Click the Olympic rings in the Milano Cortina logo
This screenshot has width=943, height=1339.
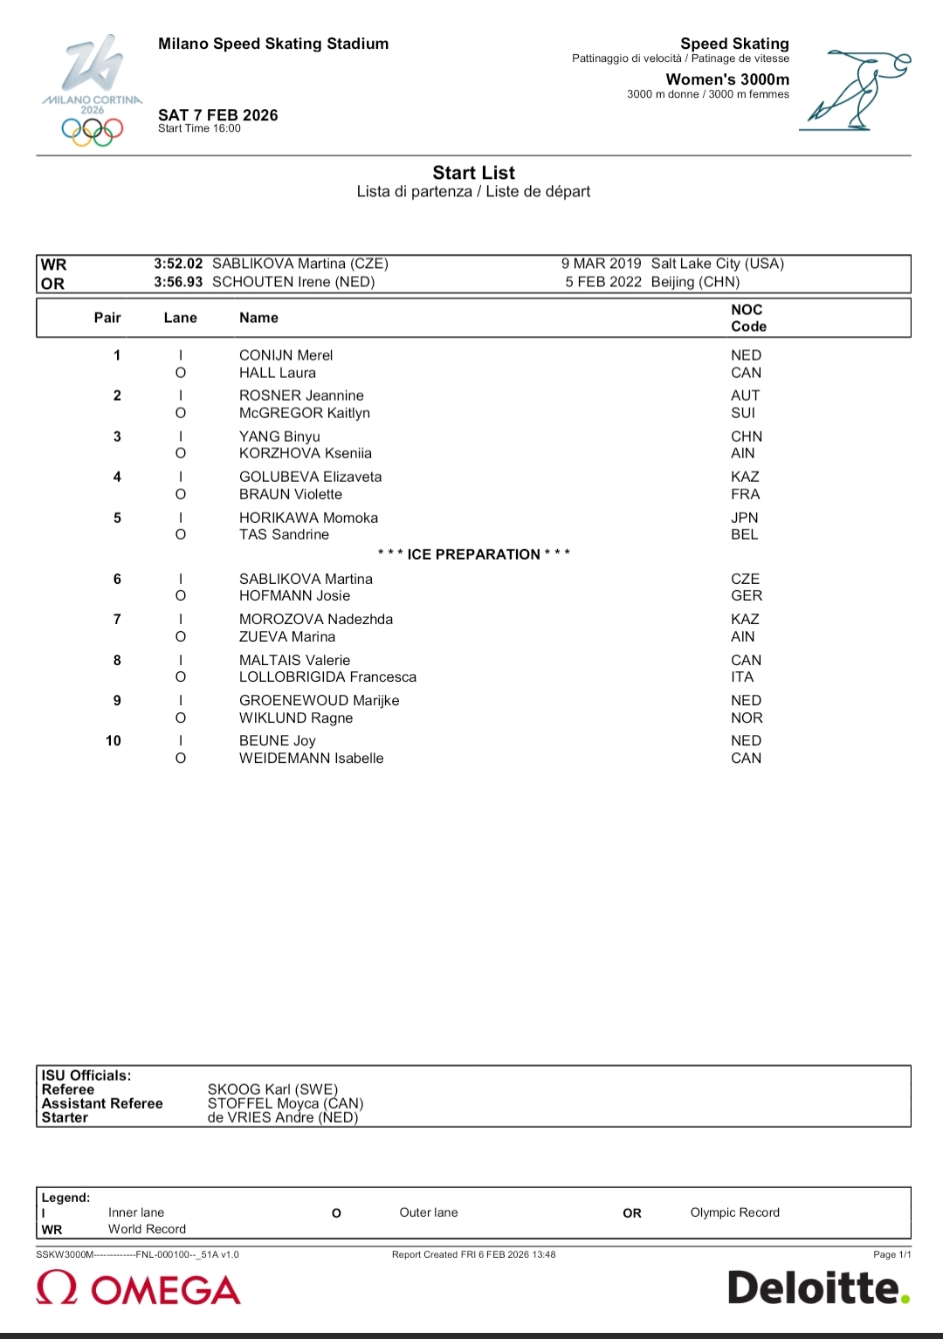pyautogui.click(x=92, y=132)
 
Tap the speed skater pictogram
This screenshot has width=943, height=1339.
pyautogui.click(x=856, y=91)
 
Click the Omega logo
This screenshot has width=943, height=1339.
pyautogui.click(x=138, y=1289)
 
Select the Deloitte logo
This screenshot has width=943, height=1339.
pyautogui.click(x=818, y=1287)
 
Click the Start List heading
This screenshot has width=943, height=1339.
pyautogui.click(x=473, y=173)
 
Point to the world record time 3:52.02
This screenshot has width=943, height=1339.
pyautogui.click(x=178, y=264)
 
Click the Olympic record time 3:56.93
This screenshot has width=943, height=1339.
pyautogui.click(x=178, y=282)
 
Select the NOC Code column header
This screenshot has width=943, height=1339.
pyautogui.click(x=748, y=318)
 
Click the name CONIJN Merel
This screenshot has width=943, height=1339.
pyautogui.click(x=286, y=355)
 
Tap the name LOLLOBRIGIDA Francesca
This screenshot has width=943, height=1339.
pyautogui.click(x=327, y=676)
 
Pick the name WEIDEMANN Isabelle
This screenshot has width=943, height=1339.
pyautogui.click(x=311, y=758)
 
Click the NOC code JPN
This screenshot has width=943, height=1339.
pyautogui.click(x=745, y=518)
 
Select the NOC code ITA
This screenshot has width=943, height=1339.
pyautogui.click(x=742, y=676)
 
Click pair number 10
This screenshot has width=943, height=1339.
pyautogui.click(x=114, y=740)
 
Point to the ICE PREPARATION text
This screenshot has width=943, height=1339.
pyautogui.click(x=473, y=554)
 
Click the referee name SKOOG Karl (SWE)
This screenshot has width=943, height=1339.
pyautogui.click(x=272, y=1089)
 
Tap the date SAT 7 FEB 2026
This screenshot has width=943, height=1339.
pyautogui.click(x=217, y=115)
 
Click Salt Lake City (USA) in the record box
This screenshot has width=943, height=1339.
pyautogui.click(x=717, y=264)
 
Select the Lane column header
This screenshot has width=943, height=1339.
pyautogui.click(x=180, y=318)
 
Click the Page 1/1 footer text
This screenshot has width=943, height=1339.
pyautogui.click(x=891, y=1254)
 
